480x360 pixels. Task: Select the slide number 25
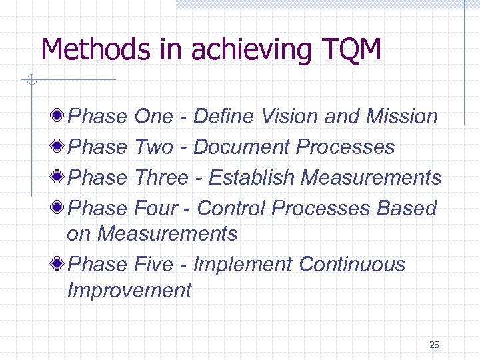pyautogui.click(x=434, y=345)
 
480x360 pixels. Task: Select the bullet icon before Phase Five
pyautogui.click(x=59, y=264)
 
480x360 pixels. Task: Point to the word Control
pyautogui.click(x=231, y=208)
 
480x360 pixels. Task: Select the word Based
pyautogui.click(x=406, y=208)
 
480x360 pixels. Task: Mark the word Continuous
pyautogui.click(x=352, y=264)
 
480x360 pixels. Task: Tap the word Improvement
pyautogui.click(x=129, y=290)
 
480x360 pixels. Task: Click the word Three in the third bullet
pyautogui.click(x=161, y=177)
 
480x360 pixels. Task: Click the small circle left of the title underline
pyautogui.click(x=29, y=81)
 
